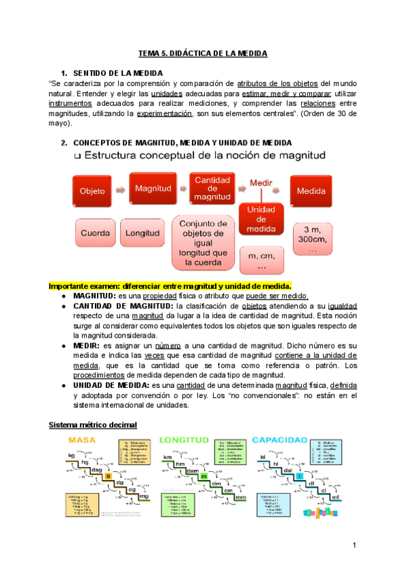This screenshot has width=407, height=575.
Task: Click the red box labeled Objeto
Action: click(92, 191)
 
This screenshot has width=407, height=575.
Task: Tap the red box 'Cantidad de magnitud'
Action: click(213, 188)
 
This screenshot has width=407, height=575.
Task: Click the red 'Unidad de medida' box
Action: click(261, 220)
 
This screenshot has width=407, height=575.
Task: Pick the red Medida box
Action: click(311, 191)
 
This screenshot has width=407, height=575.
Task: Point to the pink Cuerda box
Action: click(95, 233)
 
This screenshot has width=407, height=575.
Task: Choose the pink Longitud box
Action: click(143, 233)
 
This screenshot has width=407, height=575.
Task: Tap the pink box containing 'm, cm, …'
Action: click(262, 259)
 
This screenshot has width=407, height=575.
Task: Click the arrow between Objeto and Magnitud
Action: click(121, 191)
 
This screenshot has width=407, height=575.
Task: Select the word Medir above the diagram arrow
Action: click(261, 183)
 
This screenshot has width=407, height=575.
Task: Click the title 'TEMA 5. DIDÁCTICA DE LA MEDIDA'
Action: click(203, 53)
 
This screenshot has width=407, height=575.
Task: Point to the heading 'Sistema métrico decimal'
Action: click(93, 424)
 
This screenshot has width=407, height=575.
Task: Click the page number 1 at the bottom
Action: click(354, 546)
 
